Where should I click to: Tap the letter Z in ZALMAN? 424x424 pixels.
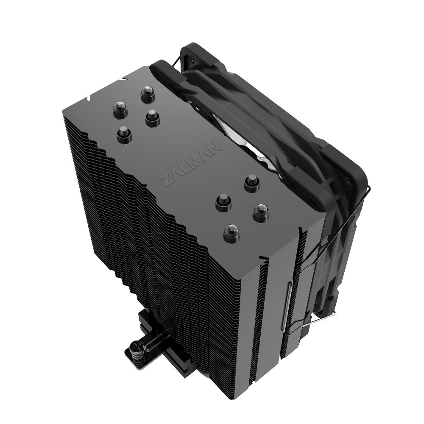coord(166,179)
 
